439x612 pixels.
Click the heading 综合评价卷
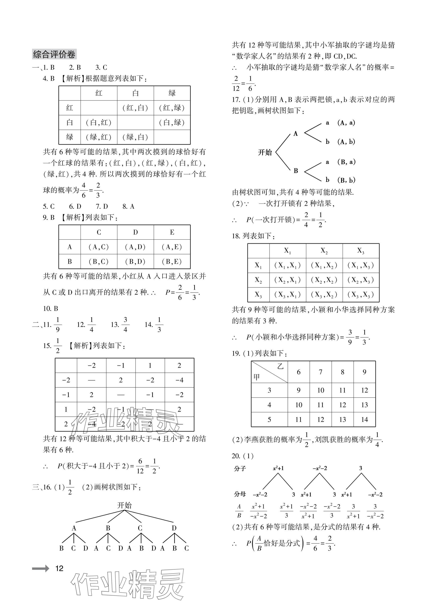pos(54,54)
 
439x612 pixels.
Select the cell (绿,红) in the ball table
pos(98,137)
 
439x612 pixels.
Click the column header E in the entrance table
pos(172,232)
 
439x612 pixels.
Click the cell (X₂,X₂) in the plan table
pos(324,280)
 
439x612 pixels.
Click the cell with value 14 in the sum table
pos(364,419)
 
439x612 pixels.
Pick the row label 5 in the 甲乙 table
pos(269,419)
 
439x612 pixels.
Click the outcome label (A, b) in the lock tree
pos(346,142)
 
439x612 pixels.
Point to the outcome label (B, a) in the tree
pos(346,162)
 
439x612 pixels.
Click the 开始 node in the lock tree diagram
pos(265,152)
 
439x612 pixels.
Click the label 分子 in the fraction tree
pos(240,469)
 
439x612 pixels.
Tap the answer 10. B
pos(50,308)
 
